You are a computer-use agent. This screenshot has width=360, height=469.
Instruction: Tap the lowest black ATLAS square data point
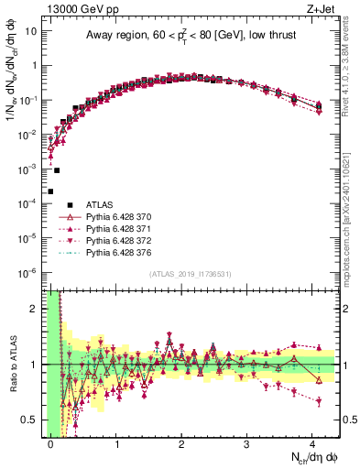[50, 191]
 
